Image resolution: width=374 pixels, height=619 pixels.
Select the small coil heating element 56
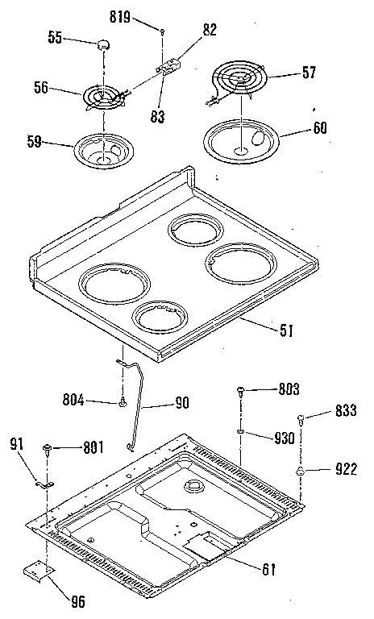pyautogui.click(x=102, y=98)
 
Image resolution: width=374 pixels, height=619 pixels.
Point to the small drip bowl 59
pyautogui.click(x=102, y=152)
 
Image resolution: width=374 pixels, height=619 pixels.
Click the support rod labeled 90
pyautogui.click(x=135, y=403)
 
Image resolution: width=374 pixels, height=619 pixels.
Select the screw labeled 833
pyautogui.click(x=301, y=418)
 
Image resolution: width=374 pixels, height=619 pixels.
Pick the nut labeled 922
pyautogui.click(x=301, y=470)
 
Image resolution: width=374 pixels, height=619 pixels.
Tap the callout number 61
pyautogui.click(x=268, y=569)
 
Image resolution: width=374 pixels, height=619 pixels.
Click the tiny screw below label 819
pyautogui.click(x=164, y=31)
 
